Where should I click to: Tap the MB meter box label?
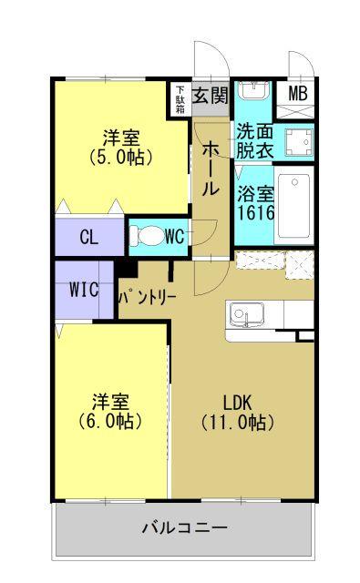click(298, 94)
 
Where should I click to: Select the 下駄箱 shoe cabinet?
click(180, 97)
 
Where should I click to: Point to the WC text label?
click(175, 237)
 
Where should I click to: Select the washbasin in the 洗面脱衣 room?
click(252, 93)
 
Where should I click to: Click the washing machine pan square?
click(297, 141)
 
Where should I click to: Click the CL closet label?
click(88, 238)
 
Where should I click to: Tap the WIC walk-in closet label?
click(84, 291)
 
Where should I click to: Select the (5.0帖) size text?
click(121, 157)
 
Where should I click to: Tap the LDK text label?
click(239, 402)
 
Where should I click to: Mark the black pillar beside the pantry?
click(126, 270)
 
